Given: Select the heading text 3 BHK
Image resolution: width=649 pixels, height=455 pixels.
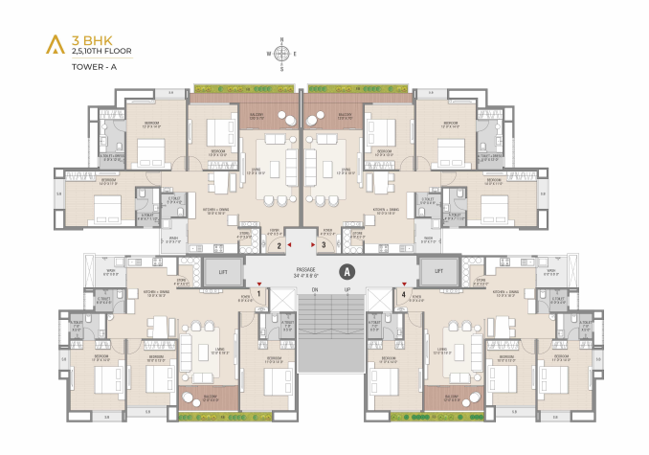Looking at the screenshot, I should click(x=93, y=40).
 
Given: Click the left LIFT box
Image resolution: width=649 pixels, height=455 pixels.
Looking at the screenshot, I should click(x=221, y=272).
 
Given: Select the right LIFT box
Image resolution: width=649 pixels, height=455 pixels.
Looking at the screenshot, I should click(x=438, y=272).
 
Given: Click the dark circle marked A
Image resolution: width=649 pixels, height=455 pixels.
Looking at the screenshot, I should click(x=347, y=271).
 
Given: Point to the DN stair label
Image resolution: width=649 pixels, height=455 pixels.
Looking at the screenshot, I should click(x=313, y=289).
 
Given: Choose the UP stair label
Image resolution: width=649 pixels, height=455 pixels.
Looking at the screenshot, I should click(x=347, y=289).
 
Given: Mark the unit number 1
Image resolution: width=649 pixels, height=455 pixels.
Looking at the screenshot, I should click(x=258, y=294).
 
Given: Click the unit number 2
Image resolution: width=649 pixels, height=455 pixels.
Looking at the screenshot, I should click(x=279, y=246).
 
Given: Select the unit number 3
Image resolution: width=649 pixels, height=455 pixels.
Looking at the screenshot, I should click(x=324, y=246).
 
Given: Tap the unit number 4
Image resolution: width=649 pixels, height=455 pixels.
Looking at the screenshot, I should click(x=404, y=294).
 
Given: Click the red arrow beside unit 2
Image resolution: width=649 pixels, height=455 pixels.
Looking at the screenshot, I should click(x=289, y=246).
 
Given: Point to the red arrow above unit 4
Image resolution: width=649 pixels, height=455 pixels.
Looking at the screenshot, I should click(x=404, y=284).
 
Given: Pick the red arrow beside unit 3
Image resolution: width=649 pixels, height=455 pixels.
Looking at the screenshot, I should click(x=313, y=246).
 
